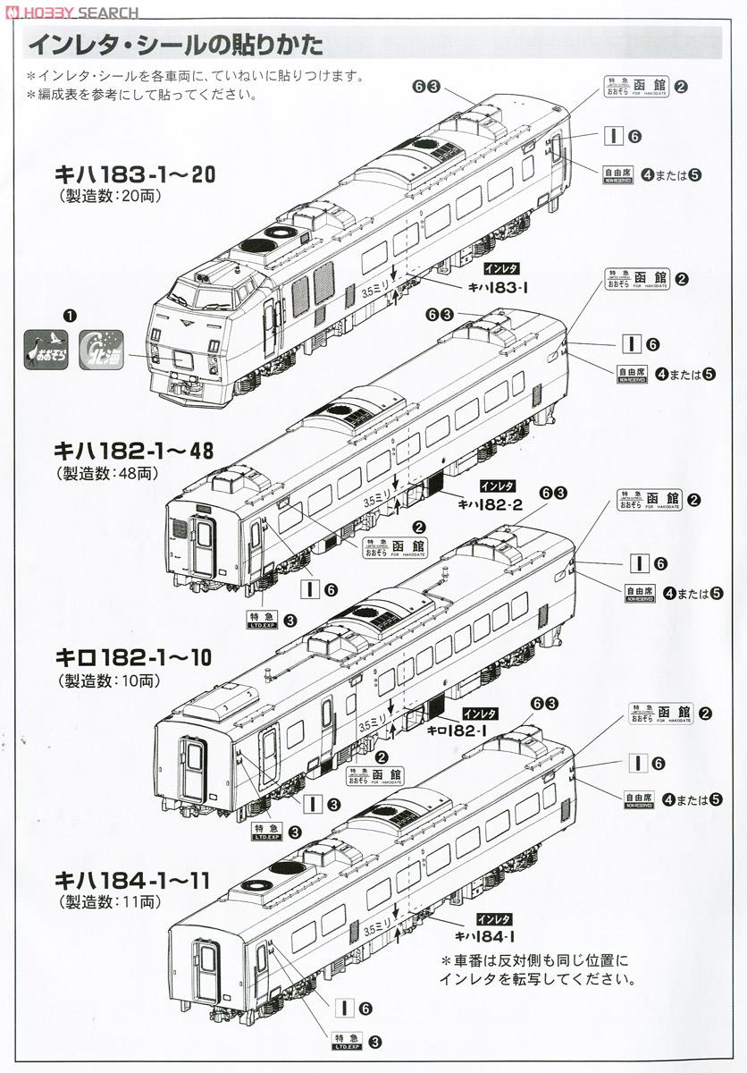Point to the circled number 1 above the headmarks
pyautogui.click(x=70, y=316)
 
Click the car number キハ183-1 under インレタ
pyautogui.click(x=500, y=286)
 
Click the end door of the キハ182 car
pyautogui.click(x=204, y=543)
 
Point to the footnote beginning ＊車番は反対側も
pyautogui.click(x=535, y=969)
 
